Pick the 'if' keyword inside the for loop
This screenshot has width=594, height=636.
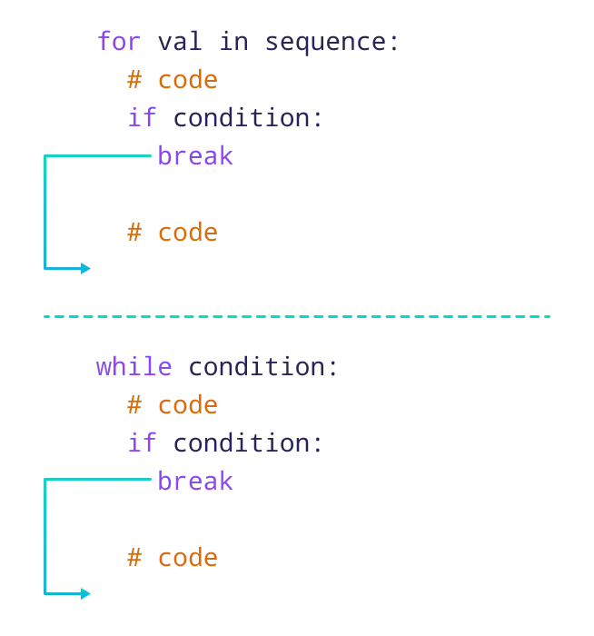click(x=141, y=118)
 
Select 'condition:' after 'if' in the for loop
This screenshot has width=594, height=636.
click(x=245, y=118)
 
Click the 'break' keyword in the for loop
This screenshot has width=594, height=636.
click(x=195, y=156)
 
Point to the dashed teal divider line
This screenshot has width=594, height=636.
click(x=297, y=316)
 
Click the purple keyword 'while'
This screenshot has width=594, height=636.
click(x=134, y=367)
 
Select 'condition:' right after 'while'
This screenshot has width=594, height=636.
click(x=263, y=367)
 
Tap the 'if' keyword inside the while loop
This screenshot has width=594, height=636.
click(x=141, y=444)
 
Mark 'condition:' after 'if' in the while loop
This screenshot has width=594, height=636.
click(x=245, y=444)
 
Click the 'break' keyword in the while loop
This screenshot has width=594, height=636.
click(x=195, y=482)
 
